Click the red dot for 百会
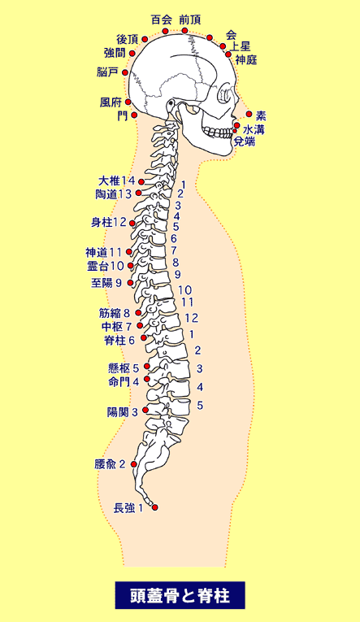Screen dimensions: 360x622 click(x=165, y=32)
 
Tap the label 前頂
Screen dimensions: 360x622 click(x=190, y=20)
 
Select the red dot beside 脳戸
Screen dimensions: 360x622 click(x=125, y=72)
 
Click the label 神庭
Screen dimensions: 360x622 click(x=246, y=59)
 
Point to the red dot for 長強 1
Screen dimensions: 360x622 click(x=155, y=507)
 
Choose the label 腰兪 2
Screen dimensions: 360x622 click(x=110, y=464)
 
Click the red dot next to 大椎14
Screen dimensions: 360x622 click(x=141, y=181)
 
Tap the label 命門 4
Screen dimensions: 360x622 click(x=124, y=381)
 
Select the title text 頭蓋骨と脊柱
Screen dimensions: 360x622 click(x=180, y=595)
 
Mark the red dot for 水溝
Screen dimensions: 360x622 click(x=237, y=125)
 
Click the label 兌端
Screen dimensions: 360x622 click(x=245, y=141)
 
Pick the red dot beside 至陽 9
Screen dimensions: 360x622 click(x=131, y=283)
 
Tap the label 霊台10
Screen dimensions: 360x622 click(x=106, y=266)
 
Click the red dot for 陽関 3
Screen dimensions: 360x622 click(x=145, y=410)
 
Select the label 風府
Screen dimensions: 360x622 click(x=111, y=102)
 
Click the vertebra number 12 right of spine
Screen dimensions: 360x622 click(x=192, y=318)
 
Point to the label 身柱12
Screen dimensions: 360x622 click(x=109, y=222)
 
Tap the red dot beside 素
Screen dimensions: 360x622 click(x=249, y=115)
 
